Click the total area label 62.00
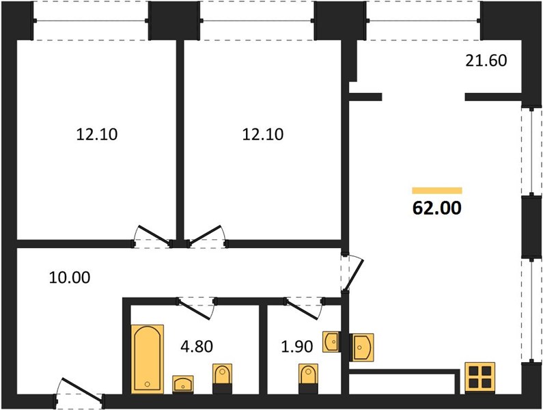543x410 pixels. click(437, 208)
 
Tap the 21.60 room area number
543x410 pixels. click(486, 61)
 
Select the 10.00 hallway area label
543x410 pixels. click(70, 277)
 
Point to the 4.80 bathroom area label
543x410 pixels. click(197, 346)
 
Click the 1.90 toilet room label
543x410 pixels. click(297, 346)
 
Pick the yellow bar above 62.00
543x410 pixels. click(437, 191)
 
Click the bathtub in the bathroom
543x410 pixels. click(147, 359)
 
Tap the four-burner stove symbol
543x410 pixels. click(479, 378)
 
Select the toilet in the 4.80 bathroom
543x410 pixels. click(222, 379)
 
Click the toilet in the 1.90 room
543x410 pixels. click(308, 379)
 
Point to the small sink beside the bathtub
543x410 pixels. click(183, 384)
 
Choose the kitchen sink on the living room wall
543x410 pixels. click(361, 347)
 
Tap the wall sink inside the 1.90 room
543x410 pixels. click(331, 342)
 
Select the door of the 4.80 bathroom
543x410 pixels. click(196, 307)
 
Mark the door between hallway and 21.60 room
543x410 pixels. click(352, 274)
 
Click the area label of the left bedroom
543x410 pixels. click(96, 135)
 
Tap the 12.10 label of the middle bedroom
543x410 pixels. click(262, 135)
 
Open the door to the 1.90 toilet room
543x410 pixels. click(304, 307)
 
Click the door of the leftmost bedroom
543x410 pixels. click(152, 236)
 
